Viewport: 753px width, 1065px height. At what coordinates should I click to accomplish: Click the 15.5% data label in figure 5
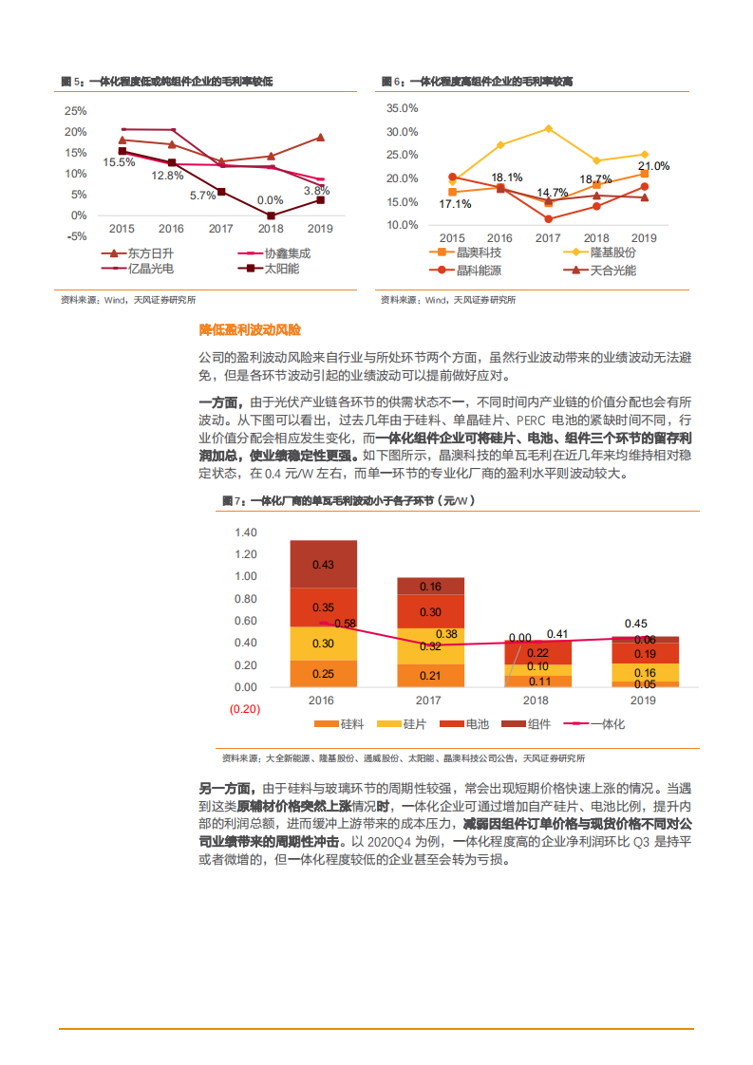[119, 162]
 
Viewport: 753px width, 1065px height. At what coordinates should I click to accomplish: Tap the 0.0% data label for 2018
[270, 200]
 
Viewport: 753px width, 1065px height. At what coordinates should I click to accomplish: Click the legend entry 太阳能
[281, 269]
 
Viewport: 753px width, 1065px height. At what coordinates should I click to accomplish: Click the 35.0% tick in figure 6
[403, 108]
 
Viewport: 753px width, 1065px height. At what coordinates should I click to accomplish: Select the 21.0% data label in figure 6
[654, 166]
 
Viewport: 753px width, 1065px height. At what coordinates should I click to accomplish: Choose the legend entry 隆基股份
[612, 252]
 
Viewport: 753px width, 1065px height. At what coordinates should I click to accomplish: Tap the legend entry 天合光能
[612, 271]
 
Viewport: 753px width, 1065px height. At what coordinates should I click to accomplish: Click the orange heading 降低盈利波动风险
[249, 329]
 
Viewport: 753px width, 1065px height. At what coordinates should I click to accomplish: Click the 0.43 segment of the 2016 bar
[323, 565]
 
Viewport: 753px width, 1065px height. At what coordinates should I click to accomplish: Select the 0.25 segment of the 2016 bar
[323, 674]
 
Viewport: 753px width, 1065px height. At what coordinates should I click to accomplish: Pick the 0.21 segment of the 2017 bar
[430, 676]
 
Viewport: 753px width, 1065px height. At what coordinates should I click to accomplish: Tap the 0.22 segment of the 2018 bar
[537, 653]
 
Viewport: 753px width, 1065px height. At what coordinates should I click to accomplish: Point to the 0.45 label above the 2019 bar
[635, 624]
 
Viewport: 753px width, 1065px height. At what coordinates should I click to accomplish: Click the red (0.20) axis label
[243, 709]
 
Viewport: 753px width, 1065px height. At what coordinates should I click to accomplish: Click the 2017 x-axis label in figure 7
[430, 700]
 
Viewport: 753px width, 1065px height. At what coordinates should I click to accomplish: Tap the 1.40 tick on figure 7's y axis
[245, 532]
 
